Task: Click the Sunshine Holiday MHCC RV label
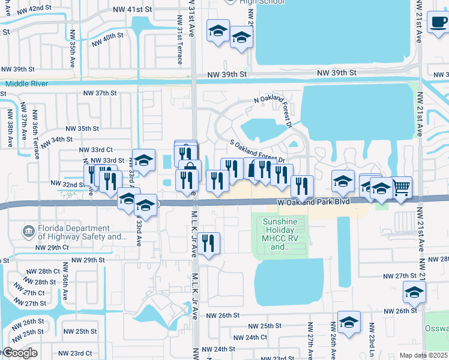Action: tap(280, 234)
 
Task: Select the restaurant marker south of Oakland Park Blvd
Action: tap(208, 244)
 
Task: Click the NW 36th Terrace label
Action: tap(36, 136)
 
